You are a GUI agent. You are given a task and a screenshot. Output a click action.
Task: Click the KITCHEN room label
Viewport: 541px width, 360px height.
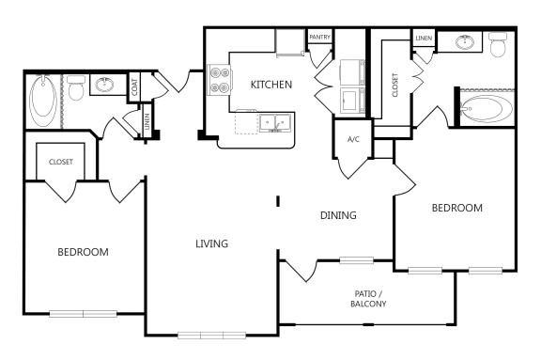pyautogui.click(x=270, y=85)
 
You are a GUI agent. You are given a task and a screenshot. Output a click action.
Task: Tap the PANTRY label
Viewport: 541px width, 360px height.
pyautogui.click(x=320, y=37)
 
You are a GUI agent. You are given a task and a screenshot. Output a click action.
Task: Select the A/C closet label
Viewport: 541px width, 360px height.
pyautogui.click(x=353, y=139)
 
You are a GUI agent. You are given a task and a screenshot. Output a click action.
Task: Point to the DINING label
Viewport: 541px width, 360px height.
pyautogui.click(x=338, y=215)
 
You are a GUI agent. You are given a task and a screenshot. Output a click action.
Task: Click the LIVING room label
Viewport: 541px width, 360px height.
pyautogui.click(x=212, y=243)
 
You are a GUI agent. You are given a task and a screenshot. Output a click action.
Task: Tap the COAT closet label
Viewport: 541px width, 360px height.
pyautogui.click(x=134, y=86)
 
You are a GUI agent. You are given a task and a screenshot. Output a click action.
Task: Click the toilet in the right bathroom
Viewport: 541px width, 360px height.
pyautogui.click(x=498, y=42)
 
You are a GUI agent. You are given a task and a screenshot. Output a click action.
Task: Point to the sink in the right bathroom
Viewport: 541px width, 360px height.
pyautogui.click(x=462, y=41)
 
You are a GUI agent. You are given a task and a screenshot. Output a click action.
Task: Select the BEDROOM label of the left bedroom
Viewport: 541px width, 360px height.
pyautogui.click(x=83, y=252)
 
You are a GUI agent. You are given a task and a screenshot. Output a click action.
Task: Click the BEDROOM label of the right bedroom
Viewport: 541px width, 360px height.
pyautogui.click(x=456, y=208)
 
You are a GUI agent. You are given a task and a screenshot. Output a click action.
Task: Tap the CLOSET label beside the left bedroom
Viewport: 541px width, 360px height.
pyautogui.click(x=60, y=161)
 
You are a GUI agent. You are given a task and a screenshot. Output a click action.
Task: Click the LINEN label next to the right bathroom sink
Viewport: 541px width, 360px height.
pyautogui.click(x=423, y=37)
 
